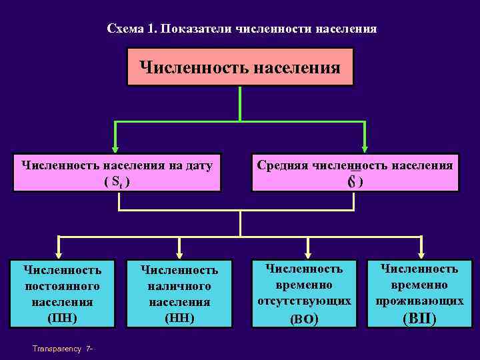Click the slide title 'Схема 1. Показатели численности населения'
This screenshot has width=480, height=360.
pos(241,29)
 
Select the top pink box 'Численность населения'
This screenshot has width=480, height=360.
pos(240,67)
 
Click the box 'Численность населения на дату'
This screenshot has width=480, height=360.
pos(117,173)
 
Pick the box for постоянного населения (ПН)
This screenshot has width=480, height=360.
pos(62,293)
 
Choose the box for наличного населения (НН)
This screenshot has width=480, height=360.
pos(179,293)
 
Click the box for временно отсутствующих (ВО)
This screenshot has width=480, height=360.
pos(305,293)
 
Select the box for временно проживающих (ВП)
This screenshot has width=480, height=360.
pos(419,293)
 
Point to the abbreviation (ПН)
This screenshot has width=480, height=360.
pos(62,317)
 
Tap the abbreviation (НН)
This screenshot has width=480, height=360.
pos(179,317)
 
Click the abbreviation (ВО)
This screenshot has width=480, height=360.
pos(305,319)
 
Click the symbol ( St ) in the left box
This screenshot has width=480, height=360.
pos(117,181)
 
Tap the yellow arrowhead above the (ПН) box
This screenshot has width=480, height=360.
pos(60,253)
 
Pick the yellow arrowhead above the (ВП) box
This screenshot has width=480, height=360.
pos(420,253)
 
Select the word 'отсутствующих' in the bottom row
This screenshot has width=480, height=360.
pos(305,301)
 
